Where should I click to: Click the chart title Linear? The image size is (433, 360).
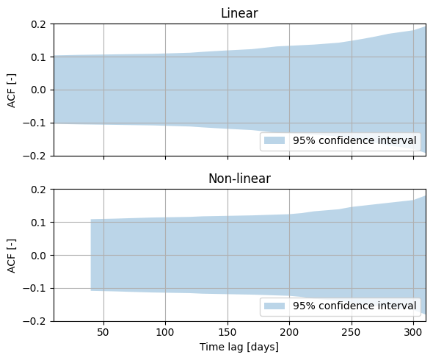pos(239,13)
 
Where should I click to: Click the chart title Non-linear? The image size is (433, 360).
pos(239,179)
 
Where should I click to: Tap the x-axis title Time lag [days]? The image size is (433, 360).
pos(239,347)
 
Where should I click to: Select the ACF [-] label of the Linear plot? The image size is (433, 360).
pos(12,90)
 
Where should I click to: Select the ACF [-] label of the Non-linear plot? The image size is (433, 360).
pos(12,256)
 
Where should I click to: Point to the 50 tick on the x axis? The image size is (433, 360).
pos(103,332)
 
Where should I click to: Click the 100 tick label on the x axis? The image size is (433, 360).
pos(165,332)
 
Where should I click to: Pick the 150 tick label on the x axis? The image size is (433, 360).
pos(228,332)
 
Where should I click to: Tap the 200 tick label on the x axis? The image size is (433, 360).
pos(289,332)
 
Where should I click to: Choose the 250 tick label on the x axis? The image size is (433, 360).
pos(352,332)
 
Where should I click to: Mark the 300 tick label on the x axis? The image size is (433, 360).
pos(413,332)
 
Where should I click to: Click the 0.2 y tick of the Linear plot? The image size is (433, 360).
pos(38,24)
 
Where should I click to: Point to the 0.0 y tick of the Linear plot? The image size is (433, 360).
pos(38,90)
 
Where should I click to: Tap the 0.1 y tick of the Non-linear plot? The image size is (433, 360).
pos(38,223)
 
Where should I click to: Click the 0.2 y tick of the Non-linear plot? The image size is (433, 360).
pos(38,190)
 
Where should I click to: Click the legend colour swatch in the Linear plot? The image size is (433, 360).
pos(274,140)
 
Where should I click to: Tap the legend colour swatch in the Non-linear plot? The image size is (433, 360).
pos(274,306)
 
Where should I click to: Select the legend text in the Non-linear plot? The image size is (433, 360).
pos(354,306)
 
